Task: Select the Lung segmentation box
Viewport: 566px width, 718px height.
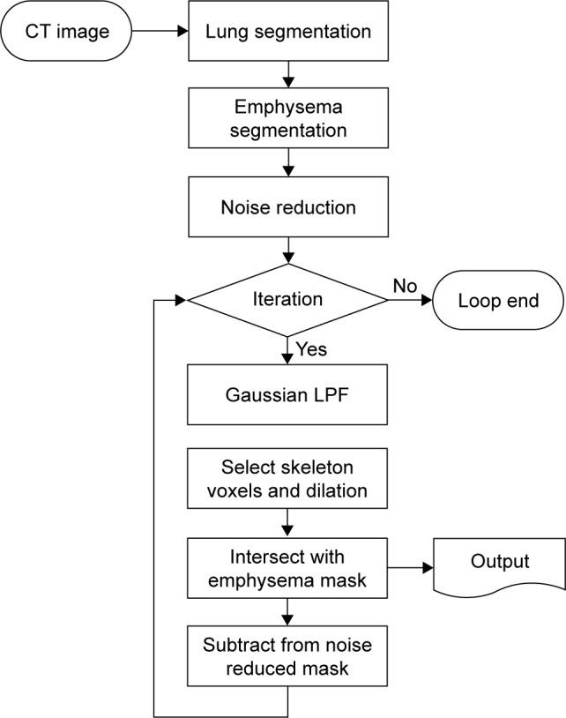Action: (288, 33)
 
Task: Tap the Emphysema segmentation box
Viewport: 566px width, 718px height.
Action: (288, 119)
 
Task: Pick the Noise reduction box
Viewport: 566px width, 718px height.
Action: (288, 208)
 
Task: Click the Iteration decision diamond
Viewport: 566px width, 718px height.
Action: (288, 300)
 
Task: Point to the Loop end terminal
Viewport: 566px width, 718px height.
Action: (498, 300)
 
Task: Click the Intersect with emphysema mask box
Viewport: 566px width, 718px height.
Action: (288, 569)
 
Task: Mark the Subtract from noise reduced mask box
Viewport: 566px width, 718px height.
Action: (288, 657)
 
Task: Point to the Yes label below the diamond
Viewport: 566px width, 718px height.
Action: (311, 349)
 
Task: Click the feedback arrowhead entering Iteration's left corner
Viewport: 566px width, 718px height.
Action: (181, 300)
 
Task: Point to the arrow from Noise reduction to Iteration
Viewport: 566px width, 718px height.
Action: (288, 250)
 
